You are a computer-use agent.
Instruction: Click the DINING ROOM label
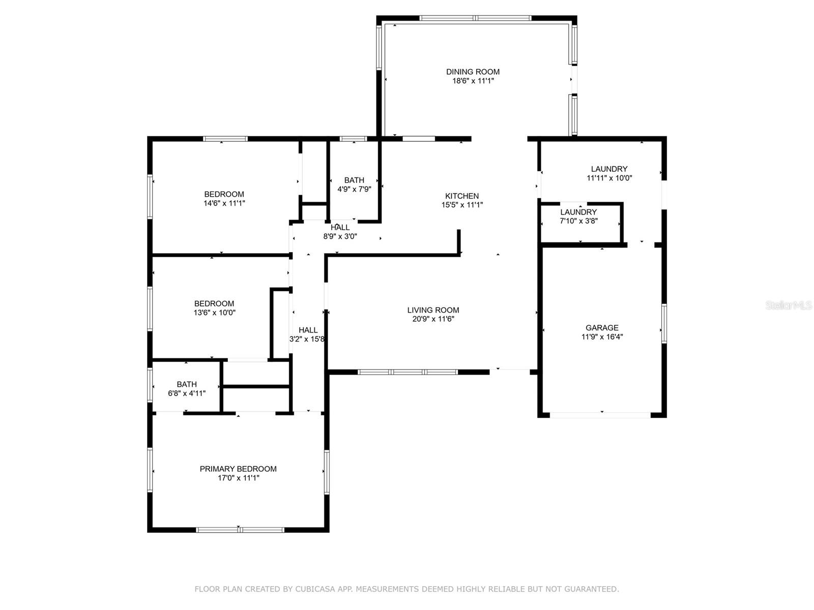click(x=473, y=72)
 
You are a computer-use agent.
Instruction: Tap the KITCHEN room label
click(x=462, y=196)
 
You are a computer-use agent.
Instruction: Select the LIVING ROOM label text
click(x=433, y=310)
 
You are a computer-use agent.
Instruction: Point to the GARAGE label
click(x=602, y=328)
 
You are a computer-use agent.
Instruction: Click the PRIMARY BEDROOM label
click(x=238, y=469)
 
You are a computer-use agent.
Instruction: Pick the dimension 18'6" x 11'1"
click(x=473, y=81)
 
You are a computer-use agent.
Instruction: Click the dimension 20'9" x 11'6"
click(x=433, y=319)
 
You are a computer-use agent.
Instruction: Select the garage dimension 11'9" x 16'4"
click(x=602, y=337)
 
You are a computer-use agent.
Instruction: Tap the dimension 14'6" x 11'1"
click(x=224, y=203)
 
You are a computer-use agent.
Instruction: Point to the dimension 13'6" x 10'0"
click(x=214, y=312)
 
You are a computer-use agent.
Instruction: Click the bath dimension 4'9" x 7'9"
click(x=354, y=189)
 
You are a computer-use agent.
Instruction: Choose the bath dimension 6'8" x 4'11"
click(x=187, y=393)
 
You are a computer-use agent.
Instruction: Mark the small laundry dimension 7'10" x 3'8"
click(x=578, y=221)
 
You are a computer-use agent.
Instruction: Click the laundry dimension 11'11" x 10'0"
click(x=609, y=178)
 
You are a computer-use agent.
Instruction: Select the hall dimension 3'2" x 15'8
click(x=307, y=339)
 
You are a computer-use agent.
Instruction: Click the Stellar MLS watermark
click(x=789, y=305)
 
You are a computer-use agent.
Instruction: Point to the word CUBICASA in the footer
click(x=315, y=589)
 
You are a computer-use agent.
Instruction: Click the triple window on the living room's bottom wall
click(x=408, y=372)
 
